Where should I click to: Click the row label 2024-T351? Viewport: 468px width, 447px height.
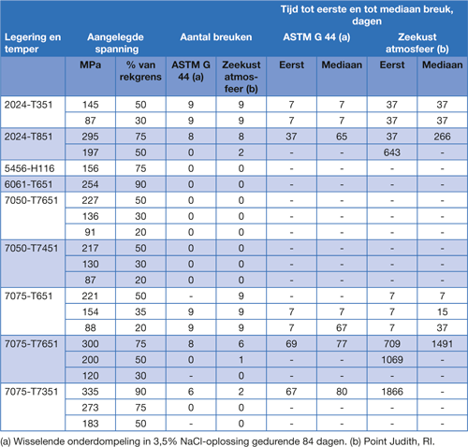click(28, 105)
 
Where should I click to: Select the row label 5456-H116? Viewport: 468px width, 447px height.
click(29, 168)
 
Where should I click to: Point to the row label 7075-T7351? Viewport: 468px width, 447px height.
click(31, 392)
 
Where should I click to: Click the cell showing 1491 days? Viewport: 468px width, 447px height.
click(443, 344)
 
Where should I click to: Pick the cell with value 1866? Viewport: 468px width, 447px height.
click(392, 392)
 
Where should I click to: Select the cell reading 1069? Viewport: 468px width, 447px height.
click(392, 360)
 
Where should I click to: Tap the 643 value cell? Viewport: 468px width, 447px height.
click(392, 152)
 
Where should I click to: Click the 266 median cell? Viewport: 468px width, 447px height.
click(443, 137)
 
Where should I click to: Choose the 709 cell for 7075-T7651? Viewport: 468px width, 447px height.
click(392, 344)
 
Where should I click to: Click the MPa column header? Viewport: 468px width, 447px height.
click(91, 65)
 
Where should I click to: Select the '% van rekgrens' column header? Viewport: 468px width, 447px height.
click(140, 71)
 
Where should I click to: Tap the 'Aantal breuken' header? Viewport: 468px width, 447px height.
click(216, 37)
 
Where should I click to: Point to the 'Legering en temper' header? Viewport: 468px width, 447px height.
click(33, 43)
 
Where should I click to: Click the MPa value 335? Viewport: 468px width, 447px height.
click(91, 392)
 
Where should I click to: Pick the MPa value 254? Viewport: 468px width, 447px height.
click(91, 184)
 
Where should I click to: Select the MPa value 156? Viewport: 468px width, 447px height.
click(91, 168)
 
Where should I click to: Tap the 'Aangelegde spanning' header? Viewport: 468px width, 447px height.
click(116, 43)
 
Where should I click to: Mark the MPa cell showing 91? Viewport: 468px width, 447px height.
click(91, 233)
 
